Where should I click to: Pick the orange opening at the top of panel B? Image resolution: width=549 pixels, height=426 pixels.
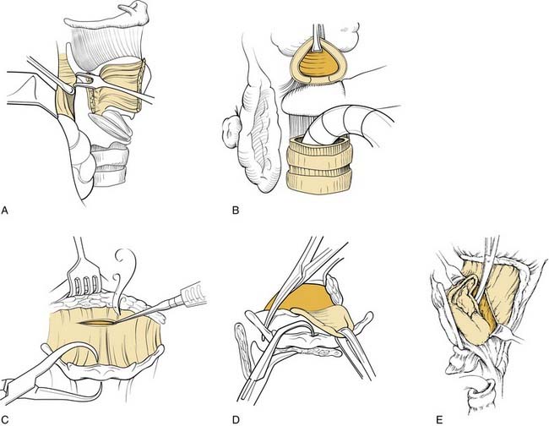pyautogui.click(x=319, y=62)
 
